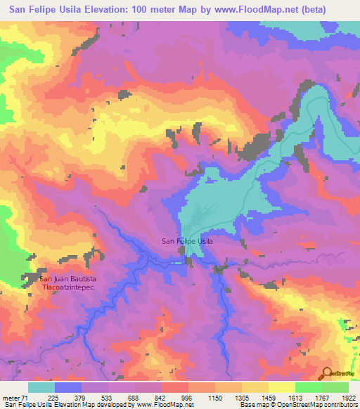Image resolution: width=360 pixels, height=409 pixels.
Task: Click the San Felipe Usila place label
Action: [187, 241]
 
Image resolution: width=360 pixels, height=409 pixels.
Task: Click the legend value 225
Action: [54, 397]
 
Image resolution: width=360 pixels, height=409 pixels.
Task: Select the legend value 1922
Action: [349, 397]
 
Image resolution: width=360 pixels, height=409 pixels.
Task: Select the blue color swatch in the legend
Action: [68, 387]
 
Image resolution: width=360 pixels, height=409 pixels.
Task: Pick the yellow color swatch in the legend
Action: [282, 387]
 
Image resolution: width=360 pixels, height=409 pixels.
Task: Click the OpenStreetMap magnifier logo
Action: [326, 375]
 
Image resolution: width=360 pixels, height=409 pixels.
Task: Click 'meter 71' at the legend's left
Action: [14, 397]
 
